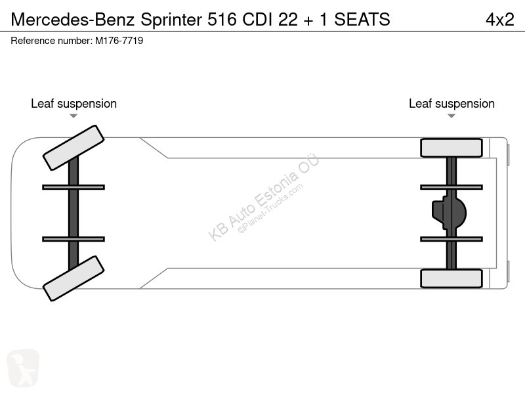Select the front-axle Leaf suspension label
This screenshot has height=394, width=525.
click(73, 104)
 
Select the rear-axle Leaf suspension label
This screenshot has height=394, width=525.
click(451, 104)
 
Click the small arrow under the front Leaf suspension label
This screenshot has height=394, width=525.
click(73, 116)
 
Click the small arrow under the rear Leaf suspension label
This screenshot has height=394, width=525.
click(451, 116)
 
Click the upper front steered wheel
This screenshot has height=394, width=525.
click(73, 148)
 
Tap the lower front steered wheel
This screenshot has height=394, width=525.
click(73, 278)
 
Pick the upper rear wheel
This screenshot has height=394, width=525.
click(451, 148)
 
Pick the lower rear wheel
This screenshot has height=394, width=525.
click(451, 278)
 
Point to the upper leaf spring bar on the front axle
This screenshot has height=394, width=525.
click(73, 187)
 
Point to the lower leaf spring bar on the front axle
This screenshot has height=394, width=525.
click(73, 239)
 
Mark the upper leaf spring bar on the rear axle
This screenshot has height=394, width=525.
click(451, 187)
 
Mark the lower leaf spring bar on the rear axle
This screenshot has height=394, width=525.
click(451, 239)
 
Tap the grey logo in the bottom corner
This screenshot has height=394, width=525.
click(22, 368)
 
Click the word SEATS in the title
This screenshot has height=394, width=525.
click(362, 20)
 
